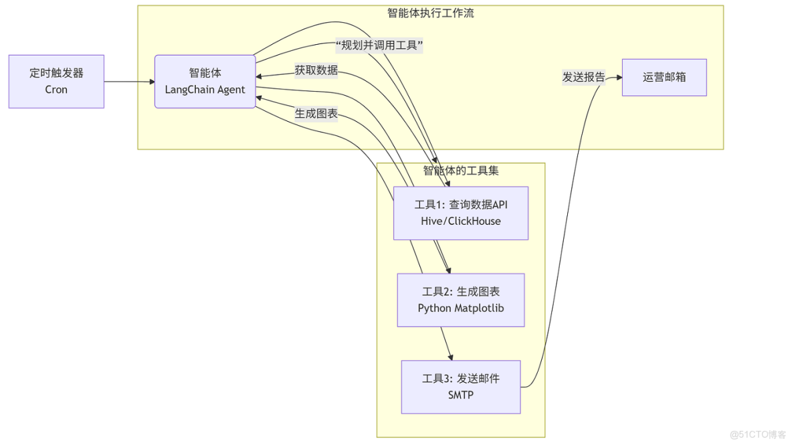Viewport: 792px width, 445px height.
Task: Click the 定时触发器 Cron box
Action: pyautogui.click(x=56, y=81)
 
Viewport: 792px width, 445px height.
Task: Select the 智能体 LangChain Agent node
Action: pyautogui.click(x=205, y=81)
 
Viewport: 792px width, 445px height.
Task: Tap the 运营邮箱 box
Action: pyautogui.click(x=664, y=77)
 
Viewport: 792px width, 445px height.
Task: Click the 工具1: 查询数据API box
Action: pyautogui.click(x=460, y=213)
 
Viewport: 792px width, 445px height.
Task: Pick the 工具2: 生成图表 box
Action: pyautogui.click(x=460, y=300)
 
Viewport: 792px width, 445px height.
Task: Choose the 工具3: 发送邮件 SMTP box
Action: pyautogui.click(x=460, y=387)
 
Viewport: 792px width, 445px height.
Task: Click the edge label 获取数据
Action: pyautogui.click(x=316, y=70)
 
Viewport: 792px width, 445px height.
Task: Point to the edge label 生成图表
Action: pyautogui.click(x=316, y=114)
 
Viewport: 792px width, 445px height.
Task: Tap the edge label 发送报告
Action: pyautogui.click(x=583, y=77)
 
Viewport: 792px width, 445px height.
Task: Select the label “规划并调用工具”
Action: pyautogui.click(x=379, y=46)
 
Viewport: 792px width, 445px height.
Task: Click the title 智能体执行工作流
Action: pyautogui.click(x=430, y=13)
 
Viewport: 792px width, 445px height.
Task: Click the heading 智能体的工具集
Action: pyautogui.click(x=460, y=171)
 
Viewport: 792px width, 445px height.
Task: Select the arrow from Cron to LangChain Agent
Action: pyautogui.click(x=129, y=82)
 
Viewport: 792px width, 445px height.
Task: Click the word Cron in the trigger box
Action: pyautogui.click(x=56, y=90)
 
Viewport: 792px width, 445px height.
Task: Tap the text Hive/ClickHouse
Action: pyautogui.click(x=460, y=221)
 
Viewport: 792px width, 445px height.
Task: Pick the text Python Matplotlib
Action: pyautogui.click(x=460, y=308)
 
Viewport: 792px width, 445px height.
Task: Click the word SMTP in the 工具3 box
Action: pyautogui.click(x=460, y=395)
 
